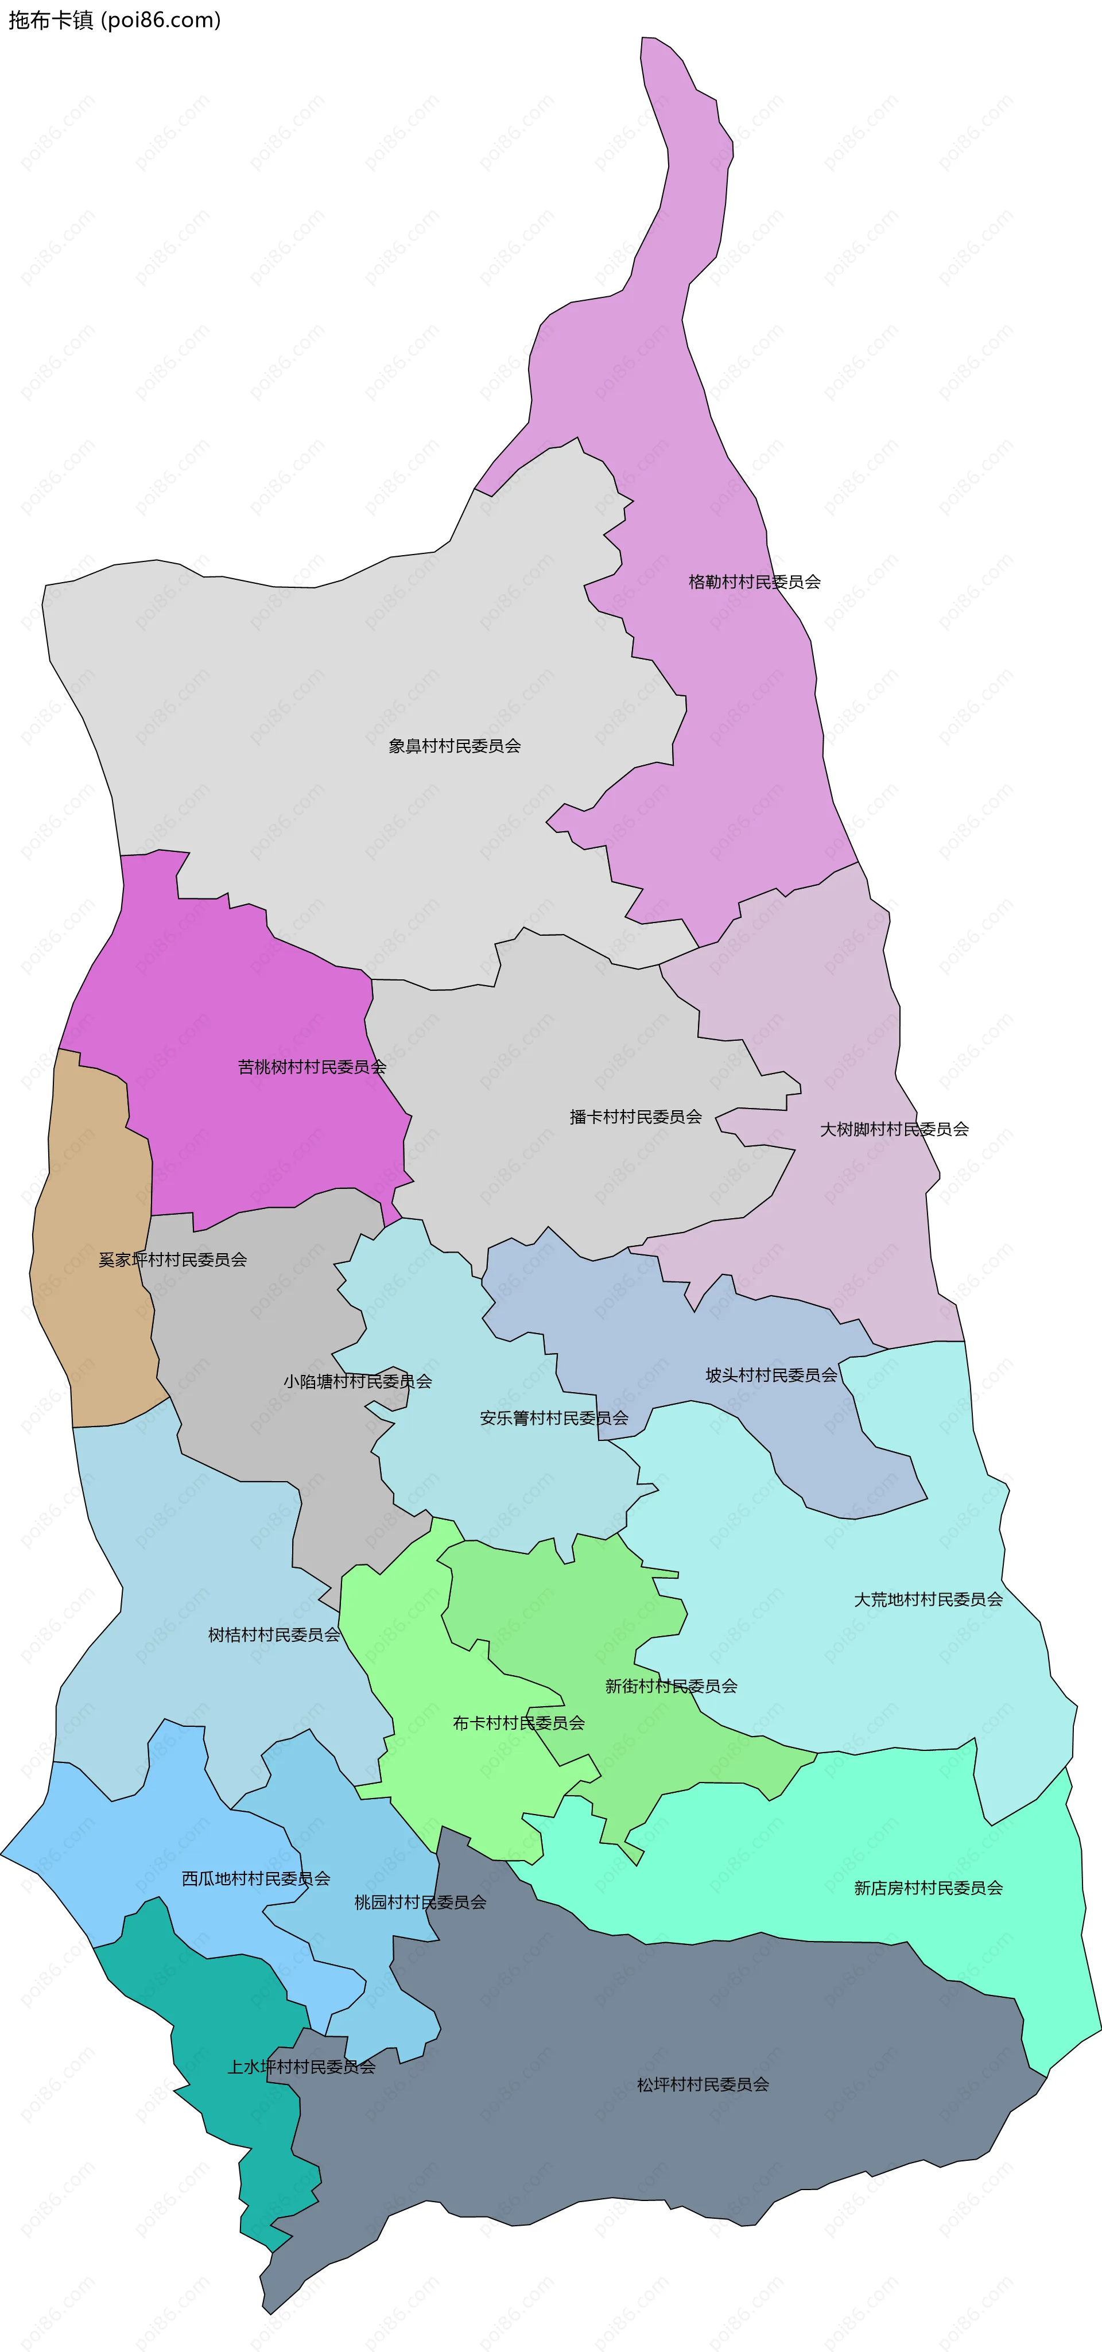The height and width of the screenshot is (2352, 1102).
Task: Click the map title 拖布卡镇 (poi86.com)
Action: [x=114, y=20]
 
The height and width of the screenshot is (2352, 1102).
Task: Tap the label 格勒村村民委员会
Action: [x=754, y=582]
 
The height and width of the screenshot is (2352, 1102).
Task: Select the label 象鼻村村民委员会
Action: [x=455, y=746]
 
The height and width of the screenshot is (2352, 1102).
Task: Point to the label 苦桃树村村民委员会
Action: [x=312, y=1067]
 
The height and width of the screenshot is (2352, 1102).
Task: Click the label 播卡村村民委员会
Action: [x=635, y=1117]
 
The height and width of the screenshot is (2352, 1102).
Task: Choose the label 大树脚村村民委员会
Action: [x=894, y=1129]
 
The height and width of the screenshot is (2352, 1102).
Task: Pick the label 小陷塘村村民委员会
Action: [x=357, y=1381]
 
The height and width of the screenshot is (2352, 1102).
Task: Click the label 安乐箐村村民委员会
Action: [x=554, y=1418]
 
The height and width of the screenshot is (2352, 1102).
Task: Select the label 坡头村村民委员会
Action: [x=771, y=1375]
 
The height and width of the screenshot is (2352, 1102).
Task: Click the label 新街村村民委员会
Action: [x=671, y=1687]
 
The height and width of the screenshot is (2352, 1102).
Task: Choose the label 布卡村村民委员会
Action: [x=519, y=1723]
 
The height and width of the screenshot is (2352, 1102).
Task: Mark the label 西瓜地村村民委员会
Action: [x=255, y=1879]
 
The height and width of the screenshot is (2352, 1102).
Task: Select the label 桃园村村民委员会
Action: [x=420, y=1902]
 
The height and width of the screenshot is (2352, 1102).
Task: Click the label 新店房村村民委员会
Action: [x=929, y=1888]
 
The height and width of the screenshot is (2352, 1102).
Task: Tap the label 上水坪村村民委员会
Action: [x=301, y=2067]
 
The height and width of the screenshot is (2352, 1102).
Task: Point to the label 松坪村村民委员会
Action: [x=703, y=2084]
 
